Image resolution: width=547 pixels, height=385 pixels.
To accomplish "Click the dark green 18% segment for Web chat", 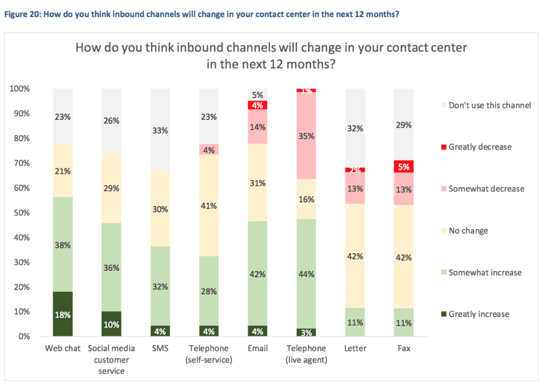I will tap(62, 314).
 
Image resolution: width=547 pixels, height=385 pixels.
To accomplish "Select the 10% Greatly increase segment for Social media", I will tap(112, 324).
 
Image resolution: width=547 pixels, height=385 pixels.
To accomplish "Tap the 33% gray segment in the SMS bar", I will tap(161, 130).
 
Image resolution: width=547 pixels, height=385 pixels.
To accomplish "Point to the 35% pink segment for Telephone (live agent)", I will tap(306, 136).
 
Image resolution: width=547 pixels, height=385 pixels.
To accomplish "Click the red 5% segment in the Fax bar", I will tap(403, 167).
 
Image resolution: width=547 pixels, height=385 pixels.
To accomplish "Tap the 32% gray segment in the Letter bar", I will tap(355, 128).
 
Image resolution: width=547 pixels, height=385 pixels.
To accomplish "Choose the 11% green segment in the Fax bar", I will tap(403, 322).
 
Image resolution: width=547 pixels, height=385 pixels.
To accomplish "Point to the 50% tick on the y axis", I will tap(21, 213).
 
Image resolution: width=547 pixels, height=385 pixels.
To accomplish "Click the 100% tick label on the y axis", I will tap(20, 89).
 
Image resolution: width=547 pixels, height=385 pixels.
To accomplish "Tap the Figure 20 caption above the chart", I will tap(201, 14).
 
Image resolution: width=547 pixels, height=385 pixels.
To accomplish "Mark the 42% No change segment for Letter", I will tap(355, 256).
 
